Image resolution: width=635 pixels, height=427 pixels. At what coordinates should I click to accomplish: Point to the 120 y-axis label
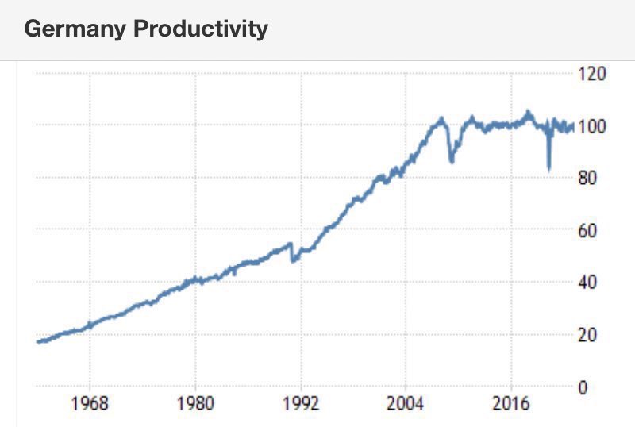click(x=593, y=74)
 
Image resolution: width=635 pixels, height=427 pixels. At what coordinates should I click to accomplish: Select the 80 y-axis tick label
click(x=588, y=179)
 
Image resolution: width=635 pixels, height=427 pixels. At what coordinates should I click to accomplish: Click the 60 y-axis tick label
click(x=588, y=231)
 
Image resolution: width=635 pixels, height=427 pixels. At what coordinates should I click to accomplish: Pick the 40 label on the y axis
click(x=588, y=283)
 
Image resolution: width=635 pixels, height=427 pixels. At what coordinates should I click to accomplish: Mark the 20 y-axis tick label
click(x=588, y=335)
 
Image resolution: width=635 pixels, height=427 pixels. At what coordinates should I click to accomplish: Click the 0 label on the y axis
click(x=583, y=387)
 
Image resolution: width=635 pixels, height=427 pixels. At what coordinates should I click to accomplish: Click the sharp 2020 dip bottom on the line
click(x=548, y=169)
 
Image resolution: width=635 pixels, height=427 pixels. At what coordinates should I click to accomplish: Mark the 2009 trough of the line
click(x=452, y=162)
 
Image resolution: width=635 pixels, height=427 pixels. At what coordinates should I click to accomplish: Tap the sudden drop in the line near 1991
click(x=293, y=260)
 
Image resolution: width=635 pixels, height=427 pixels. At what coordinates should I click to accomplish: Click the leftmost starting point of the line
click(x=37, y=342)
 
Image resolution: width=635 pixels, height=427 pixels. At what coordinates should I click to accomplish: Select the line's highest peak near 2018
click(x=529, y=112)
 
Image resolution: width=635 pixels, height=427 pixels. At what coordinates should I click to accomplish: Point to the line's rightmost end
click(x=573, y=125)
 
